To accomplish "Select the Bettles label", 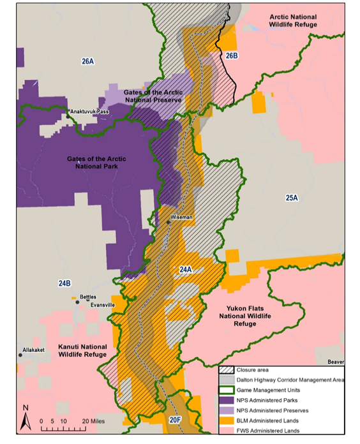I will pyautogui.click(x=88, y=297).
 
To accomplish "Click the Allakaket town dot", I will pyautogui.click(x=20, y=355).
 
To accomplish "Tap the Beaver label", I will pyautogui.click(x=336, y=362).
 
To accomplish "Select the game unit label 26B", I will pyautogui.click(x=232, y=56).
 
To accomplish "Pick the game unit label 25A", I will pyautogui.click(x=292, y=198).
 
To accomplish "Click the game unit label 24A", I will pyautogui.click(x=185, y=270).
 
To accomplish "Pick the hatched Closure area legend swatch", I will pyautogui.click(x=227, y=369).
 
